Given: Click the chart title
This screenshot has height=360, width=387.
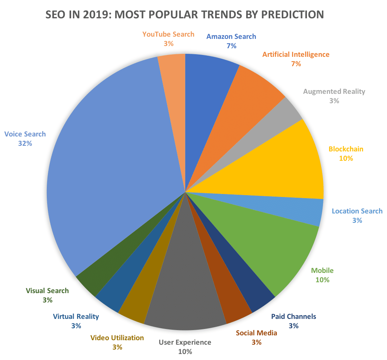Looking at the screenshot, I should pos(184,15).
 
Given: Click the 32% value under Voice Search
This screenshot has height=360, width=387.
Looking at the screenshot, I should pos(25,143).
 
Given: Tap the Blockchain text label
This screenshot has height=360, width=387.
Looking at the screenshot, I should pos(346,149).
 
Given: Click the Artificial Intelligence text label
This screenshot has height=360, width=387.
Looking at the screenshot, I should pos(296,55).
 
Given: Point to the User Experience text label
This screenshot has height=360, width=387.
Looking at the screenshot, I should pos(185,342).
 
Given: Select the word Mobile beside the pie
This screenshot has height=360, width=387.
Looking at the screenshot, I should pos(322,271).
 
